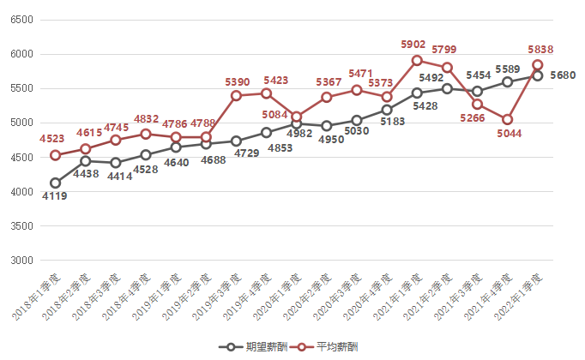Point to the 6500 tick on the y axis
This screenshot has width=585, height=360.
(x=21, y=20)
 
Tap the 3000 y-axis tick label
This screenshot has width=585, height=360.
(x=21, y=261)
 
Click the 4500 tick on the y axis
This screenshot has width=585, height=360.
(x=21, y=158)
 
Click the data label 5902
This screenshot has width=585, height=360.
(x=415, y=44)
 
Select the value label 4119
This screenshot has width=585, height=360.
(x=55, y=196)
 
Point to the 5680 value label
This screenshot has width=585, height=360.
(x=562, y=75)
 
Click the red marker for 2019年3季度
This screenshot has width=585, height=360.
(x=236, y=96)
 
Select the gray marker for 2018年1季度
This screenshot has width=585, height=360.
(x=55, y=183)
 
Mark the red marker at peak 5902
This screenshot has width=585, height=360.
(x=417, y=60)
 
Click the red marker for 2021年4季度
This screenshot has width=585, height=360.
(x=508, y=119)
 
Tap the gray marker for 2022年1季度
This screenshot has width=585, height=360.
(x=538, y=75)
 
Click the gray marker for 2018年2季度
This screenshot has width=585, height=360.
(x=85, y=161)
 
